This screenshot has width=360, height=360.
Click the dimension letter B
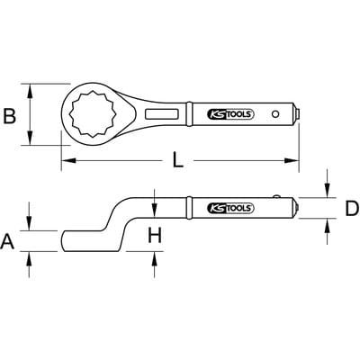[x=9, y=116]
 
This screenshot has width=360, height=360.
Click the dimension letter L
[x=178, y=160]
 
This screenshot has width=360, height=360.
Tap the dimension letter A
[x=7, y=242]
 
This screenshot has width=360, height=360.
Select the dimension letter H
[x=155, y=235]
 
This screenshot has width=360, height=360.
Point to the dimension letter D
[x=352, y=209]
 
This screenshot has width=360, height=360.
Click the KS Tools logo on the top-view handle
[x=230, y=114]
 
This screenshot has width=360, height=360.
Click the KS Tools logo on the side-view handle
[x=230, y=208]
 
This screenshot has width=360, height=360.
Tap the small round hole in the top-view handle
[x=275, y=114]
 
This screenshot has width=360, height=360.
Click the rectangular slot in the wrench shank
[x=162, y=114]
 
